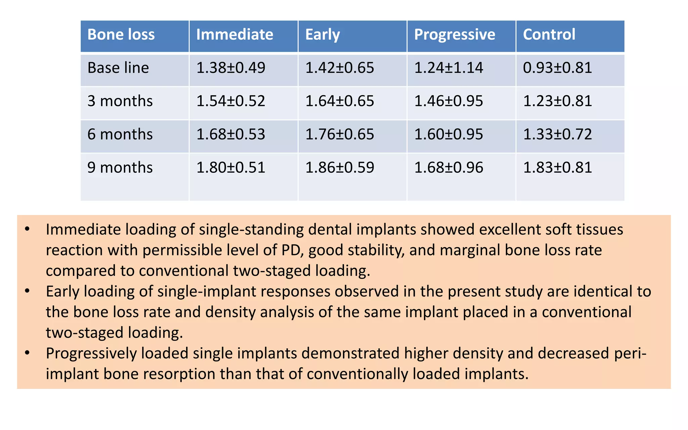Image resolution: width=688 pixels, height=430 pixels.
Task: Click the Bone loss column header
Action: pos(121,35)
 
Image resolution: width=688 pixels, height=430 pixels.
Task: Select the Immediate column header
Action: pos(234,35)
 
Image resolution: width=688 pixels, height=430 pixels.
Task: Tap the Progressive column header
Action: pos(455,35)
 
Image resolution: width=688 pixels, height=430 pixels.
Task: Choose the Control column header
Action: pos(549,35)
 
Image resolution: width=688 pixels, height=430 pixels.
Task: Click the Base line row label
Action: pos(118,68)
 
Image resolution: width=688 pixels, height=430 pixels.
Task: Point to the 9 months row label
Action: pos(120,168)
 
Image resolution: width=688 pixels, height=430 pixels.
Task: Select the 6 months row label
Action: pos(120,134)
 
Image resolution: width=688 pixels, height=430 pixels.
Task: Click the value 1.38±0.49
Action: pos(230,68)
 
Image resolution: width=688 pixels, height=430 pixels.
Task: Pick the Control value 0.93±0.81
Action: pos(557,68)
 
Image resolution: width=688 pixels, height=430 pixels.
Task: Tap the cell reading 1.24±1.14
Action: pos(448,68)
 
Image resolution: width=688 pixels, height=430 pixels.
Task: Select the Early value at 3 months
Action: pos(339,101)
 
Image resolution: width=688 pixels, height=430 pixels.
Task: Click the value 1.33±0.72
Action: pos(557,134)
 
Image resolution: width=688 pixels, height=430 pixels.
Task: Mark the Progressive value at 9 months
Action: pos(448,168)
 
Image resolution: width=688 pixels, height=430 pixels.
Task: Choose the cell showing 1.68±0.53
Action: pos(230,134)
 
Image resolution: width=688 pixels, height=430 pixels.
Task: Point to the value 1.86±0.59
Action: pos(339,168)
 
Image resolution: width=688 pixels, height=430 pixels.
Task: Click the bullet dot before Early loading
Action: pos(28,291)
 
